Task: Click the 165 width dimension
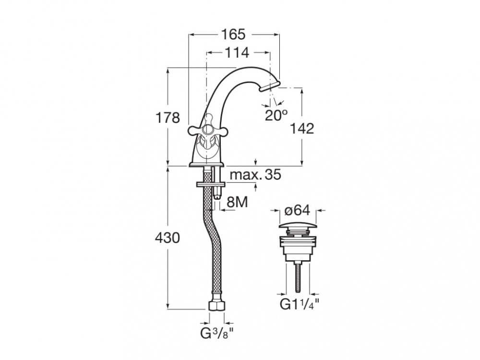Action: pyautogui.click(x=234, y=35)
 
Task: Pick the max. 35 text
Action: pyautogui.click(x=254, y=175)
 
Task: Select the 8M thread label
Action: pyautogui.click(x=236, y=203)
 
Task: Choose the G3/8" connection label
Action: pyautogui.click(x=217, y=333)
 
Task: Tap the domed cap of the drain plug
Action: pyautogui.click(x=299, y=225)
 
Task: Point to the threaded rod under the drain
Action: pyautogui.click(x=300, y=276)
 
